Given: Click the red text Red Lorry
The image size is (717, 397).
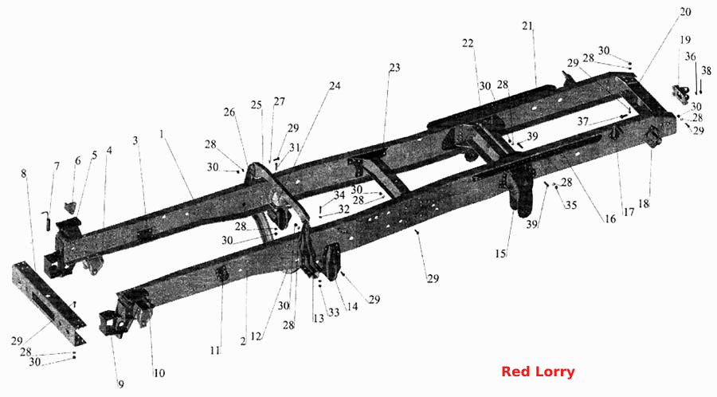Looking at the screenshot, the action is tap(538, 371).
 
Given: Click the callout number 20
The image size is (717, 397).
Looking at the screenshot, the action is tap(685, 11).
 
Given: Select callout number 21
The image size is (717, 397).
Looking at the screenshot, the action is tap(527, 26).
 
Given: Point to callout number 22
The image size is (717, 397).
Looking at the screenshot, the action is tap(468, 43).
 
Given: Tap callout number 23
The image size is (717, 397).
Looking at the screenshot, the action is tap(394, 68).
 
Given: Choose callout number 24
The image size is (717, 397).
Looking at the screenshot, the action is tap(335, 85).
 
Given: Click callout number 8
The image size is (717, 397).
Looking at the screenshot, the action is tap(23, 173).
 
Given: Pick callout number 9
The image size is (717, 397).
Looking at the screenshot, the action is tap(121, 384).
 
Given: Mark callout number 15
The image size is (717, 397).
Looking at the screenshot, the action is tap(500, 254).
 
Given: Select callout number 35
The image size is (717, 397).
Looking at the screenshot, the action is tap(571, 205).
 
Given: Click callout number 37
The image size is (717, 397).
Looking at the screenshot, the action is tap(582, 122).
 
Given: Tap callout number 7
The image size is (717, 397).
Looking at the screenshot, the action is tap(57, 166).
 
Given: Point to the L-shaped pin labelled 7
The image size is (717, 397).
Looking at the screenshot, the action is tap(45, 222).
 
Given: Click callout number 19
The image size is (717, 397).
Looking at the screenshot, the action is tap(685, 40).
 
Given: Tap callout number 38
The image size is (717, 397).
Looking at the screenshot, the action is tap(707, 70).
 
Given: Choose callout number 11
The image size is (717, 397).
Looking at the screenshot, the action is tap(215, 350).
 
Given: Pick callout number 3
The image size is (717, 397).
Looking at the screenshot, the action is tap(135, 140).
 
